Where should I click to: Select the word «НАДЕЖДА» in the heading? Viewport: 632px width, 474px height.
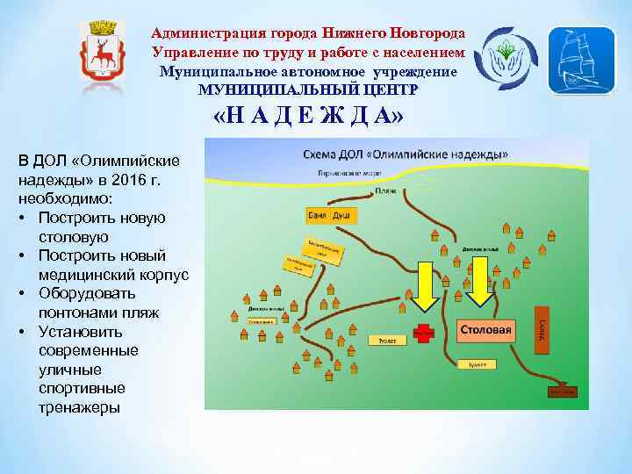point(310,118)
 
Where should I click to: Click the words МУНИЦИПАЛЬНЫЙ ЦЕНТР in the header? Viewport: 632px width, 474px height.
point(309,90)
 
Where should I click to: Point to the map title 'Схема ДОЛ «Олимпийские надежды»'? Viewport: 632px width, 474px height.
point(405,154)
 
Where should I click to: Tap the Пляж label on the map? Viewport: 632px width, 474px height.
point(385,190)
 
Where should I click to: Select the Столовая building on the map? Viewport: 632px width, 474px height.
point(485,331)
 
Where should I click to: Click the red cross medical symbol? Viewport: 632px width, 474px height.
point(425,333)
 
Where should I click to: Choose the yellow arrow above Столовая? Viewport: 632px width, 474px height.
point(480,280)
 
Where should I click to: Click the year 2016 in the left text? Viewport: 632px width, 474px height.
point(141,179)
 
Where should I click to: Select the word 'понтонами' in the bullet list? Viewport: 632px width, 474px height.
point(78,312)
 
